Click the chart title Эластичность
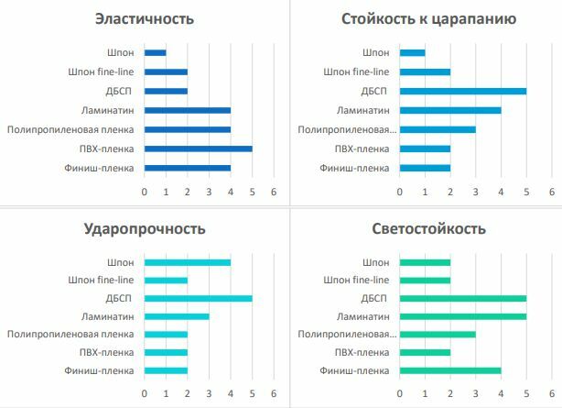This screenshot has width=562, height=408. (x=157, y=19)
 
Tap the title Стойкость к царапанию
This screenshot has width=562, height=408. (x=429, y=19)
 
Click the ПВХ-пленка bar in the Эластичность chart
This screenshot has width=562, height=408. (x=198, y=149)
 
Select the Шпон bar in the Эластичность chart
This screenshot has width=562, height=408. (x=155, y=52)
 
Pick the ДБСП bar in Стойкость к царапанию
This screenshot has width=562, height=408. (x=462, y=91)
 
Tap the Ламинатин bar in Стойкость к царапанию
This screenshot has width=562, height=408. (x=450, y=110)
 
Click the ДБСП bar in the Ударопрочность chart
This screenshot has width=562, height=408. (x=198, y=298)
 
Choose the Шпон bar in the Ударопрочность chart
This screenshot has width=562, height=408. (x=187, y=261)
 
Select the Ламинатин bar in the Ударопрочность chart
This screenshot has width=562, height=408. (x=176, y=316)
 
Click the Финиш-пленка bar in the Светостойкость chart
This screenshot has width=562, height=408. (x=450, y=370)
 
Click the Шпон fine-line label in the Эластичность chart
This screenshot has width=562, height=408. (x=102, y=72)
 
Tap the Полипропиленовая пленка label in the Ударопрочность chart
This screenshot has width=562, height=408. (x=70, y=335)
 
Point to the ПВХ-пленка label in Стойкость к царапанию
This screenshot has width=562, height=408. (x=362, y=149)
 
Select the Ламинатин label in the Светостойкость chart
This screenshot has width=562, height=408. (x=363, y=316)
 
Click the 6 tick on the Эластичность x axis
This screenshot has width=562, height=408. (x=274, y=192)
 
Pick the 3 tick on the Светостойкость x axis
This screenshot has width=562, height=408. (x=475, y=393)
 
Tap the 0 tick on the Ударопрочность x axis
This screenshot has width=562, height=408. (x=144, y=393)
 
